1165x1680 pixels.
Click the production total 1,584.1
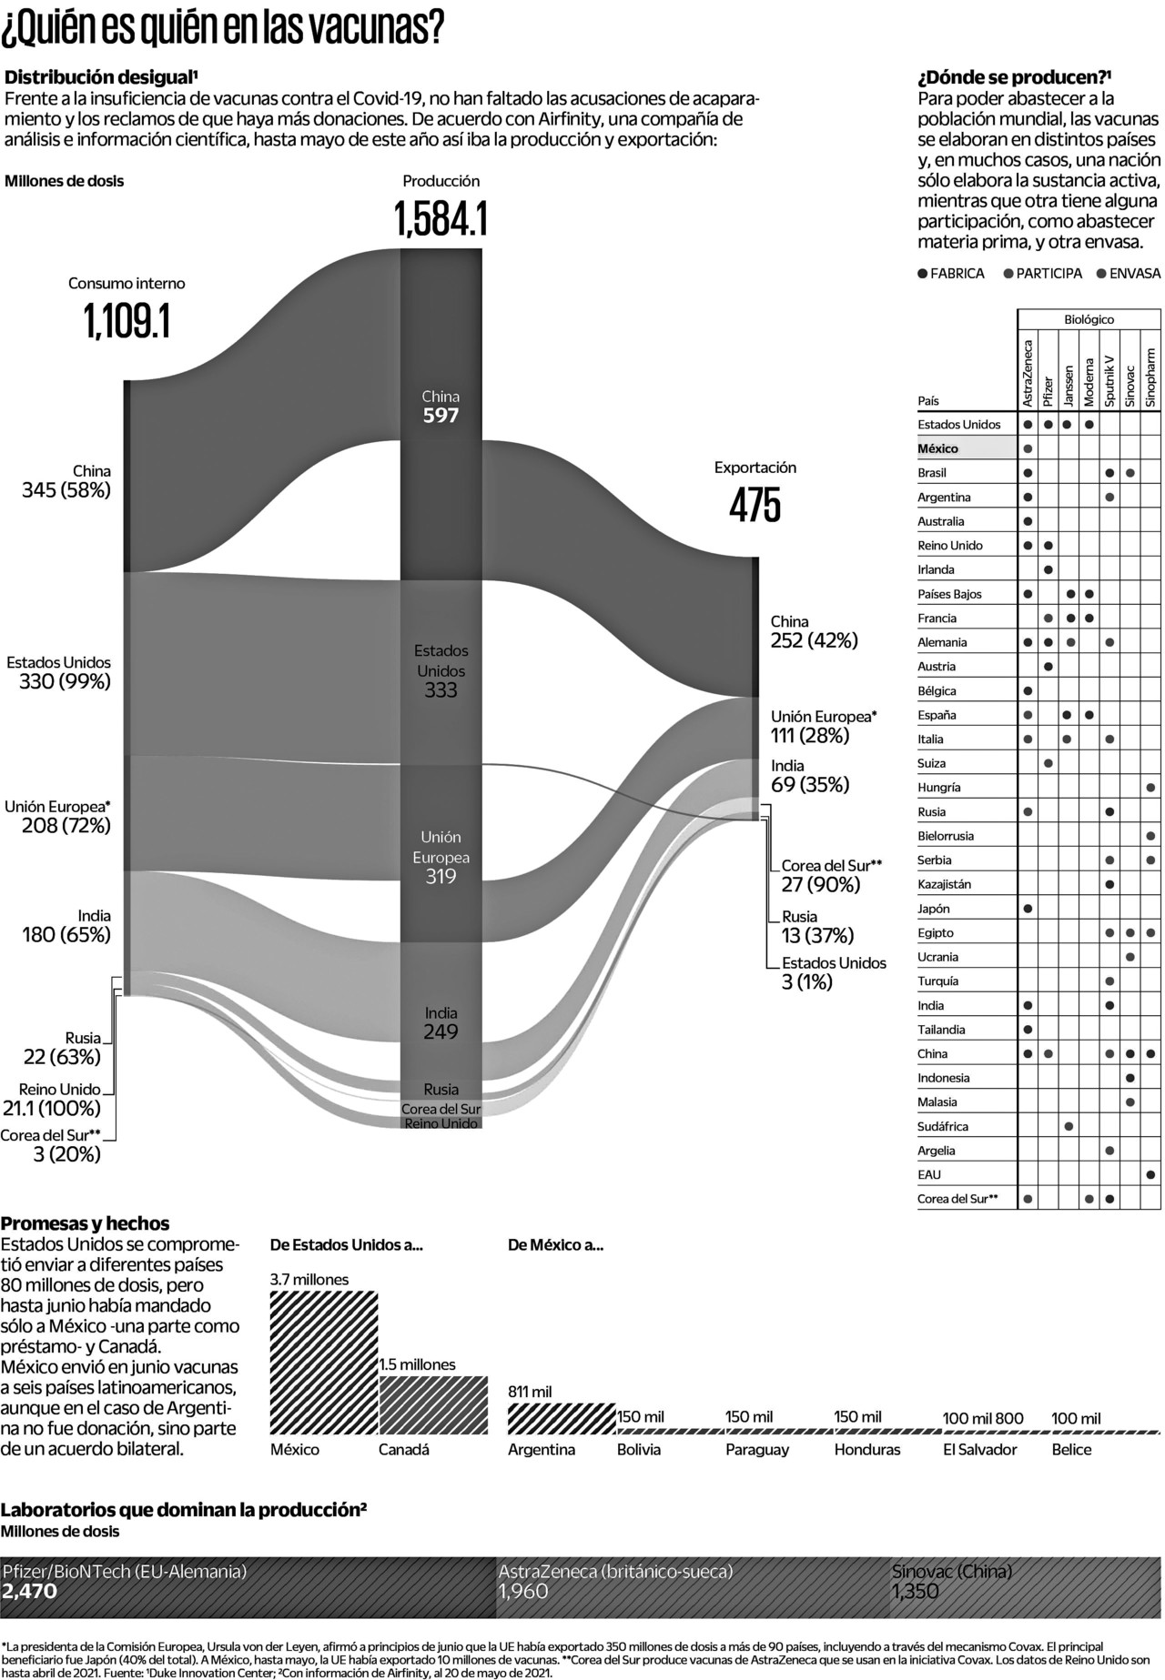(x=441, y=219)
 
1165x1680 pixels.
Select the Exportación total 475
(x=755, y=505)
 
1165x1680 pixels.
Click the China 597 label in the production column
(x=441, y=407)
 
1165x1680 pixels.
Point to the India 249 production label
(x=441, y=1022)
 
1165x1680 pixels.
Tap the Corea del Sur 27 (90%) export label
(x=831, y=875)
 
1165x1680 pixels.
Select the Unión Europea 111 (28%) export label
(x=823, y=726)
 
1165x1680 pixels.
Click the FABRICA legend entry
(x=951, y=273)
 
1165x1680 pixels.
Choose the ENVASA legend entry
(x=1129, y=273)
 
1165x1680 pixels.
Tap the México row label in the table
(x=938, y=448)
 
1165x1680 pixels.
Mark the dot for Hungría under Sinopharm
(x=1151, y=788)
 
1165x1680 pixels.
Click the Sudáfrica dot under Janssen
(x=1069, y=1127)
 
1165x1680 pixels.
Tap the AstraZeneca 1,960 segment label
(x=615, y=1581)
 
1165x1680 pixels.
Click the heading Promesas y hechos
(x=86, y=1223)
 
